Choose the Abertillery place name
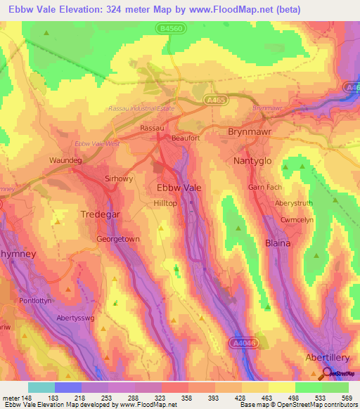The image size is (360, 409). pyautogui.click(x=328, y=357)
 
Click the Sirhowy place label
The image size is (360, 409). pyautogui.click(x=118, y=178)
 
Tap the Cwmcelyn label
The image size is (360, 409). pyautogui.click(x=278, y=219)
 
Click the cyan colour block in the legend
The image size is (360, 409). pyautogui.click(x=41, y=387)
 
